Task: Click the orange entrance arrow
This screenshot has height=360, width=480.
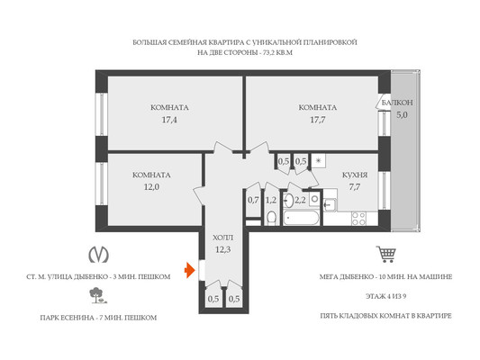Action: (189, 270)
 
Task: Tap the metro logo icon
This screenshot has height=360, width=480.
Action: (98, 255)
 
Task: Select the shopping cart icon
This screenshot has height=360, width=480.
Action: (386, 254)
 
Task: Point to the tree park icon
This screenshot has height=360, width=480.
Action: (97, 295)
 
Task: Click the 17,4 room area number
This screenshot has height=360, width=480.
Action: (169, 120)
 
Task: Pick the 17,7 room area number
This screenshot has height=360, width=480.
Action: (318, 120)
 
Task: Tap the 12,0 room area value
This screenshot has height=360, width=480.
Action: (151, 187)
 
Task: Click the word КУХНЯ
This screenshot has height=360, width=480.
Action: (355, 175)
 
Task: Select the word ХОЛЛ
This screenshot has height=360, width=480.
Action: (222, 238)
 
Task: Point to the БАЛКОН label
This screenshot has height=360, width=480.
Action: (397, 103)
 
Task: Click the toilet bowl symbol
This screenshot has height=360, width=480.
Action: (271, 218)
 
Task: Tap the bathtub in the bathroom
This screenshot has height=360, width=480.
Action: (301, 218)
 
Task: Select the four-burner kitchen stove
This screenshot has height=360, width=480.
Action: (358, 219)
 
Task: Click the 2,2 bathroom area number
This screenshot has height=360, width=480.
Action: (300, 201)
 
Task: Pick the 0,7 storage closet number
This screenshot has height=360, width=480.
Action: (253, 201)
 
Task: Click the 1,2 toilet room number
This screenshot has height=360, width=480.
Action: (271, 201)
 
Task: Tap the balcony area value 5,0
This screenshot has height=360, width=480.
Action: (402, 115)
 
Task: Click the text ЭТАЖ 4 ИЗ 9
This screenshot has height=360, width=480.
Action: (385, 296)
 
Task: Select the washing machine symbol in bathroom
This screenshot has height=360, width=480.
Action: (314, 200)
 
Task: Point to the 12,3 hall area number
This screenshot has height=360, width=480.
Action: (222, 250)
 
